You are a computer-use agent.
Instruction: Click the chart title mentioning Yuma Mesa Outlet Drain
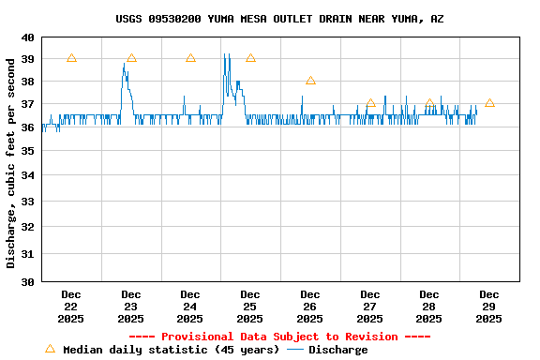pos(279,19)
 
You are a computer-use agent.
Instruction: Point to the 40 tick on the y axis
pos(28,37)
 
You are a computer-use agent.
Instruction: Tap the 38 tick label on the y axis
pos(28,82)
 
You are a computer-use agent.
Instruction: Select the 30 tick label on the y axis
pos(28,281)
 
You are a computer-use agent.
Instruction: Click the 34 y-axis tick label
pos(28,174)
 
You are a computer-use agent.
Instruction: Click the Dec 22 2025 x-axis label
pos(71,307)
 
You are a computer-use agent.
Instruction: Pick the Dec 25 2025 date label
pos(250,307)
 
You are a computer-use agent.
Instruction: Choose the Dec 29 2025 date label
pos(488,307)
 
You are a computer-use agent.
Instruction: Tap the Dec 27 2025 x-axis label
pos(369,307)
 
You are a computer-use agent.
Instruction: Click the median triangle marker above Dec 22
pos(71,58)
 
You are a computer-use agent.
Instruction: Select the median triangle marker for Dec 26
pos(310,81)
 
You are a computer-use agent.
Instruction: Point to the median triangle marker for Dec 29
pos(489,103)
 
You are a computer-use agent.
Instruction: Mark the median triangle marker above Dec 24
pos(190,58)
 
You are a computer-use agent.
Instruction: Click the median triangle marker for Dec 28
pos(429,103)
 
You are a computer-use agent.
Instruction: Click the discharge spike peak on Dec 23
pos(124,64)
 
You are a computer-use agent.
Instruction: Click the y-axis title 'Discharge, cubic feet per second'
pos(11,159)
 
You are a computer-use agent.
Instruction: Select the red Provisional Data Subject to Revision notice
pos(279,337)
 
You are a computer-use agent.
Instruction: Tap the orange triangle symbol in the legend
pos(50,349)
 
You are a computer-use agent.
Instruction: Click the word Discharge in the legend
pos(337,350)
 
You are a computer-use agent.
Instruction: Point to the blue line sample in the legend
pos(295,350)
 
